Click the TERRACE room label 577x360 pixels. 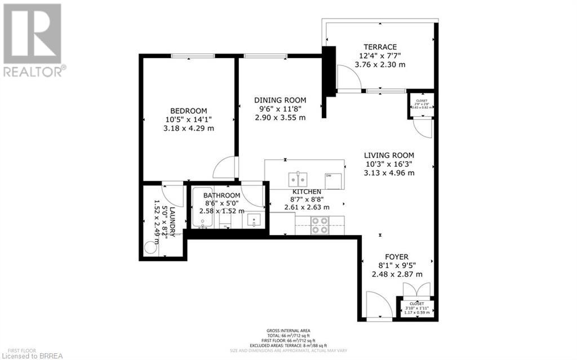point(380,47)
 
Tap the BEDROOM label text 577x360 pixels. point(189,110)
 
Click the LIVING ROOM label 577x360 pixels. point(389,155)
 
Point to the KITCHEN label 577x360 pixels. point(307,192)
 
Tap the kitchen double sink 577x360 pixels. point(298,179)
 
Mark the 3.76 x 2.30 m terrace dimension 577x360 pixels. point(380,65)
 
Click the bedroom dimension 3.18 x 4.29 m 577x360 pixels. point(189,128)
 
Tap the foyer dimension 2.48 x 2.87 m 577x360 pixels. point(397,274)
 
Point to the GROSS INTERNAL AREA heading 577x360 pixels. point(288,331)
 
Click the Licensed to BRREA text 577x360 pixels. point(29,355)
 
